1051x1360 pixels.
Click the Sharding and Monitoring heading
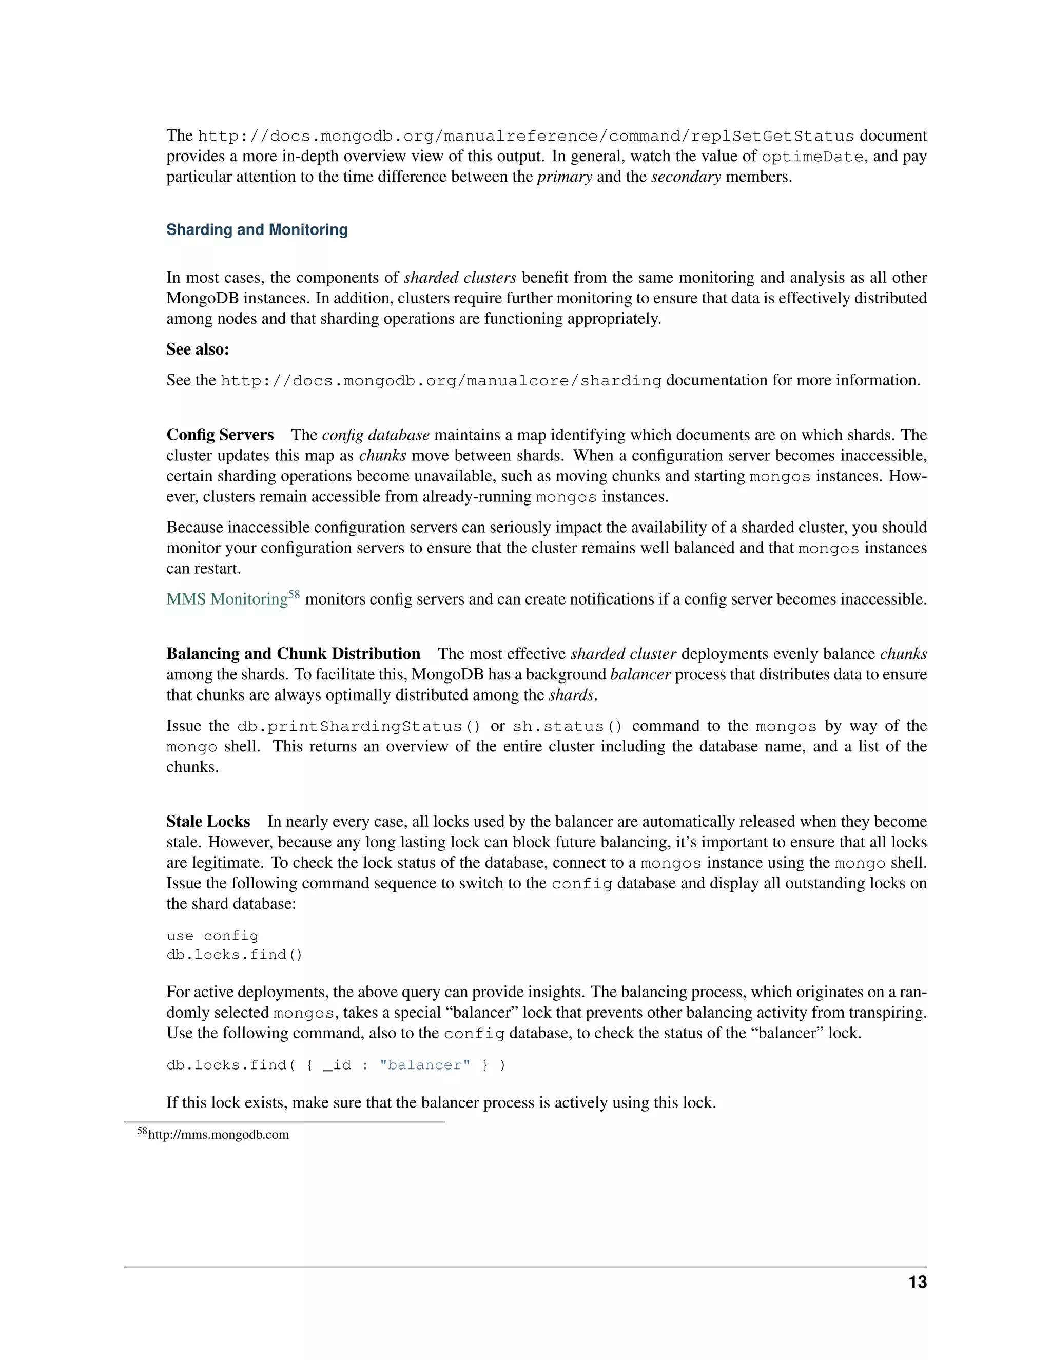coord(257,230)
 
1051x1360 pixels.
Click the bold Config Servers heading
coord(220,435)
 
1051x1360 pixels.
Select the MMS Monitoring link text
coord(227,599)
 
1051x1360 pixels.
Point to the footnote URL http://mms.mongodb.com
coord(219,1135)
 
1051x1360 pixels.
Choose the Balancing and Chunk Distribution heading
coord(293,654)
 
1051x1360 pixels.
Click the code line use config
coord(212,936)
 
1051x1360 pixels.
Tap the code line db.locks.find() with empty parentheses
coord(234,955)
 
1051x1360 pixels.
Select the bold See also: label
coord(198,349)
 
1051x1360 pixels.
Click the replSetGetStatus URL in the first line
coord(525,137)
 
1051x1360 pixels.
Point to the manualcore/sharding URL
coord(441,380)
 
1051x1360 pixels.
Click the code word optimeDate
coord(812,157)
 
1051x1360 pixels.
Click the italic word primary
coord(564,177)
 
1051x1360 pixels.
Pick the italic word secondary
coord(686,177)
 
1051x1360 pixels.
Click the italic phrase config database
coord(376,435)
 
